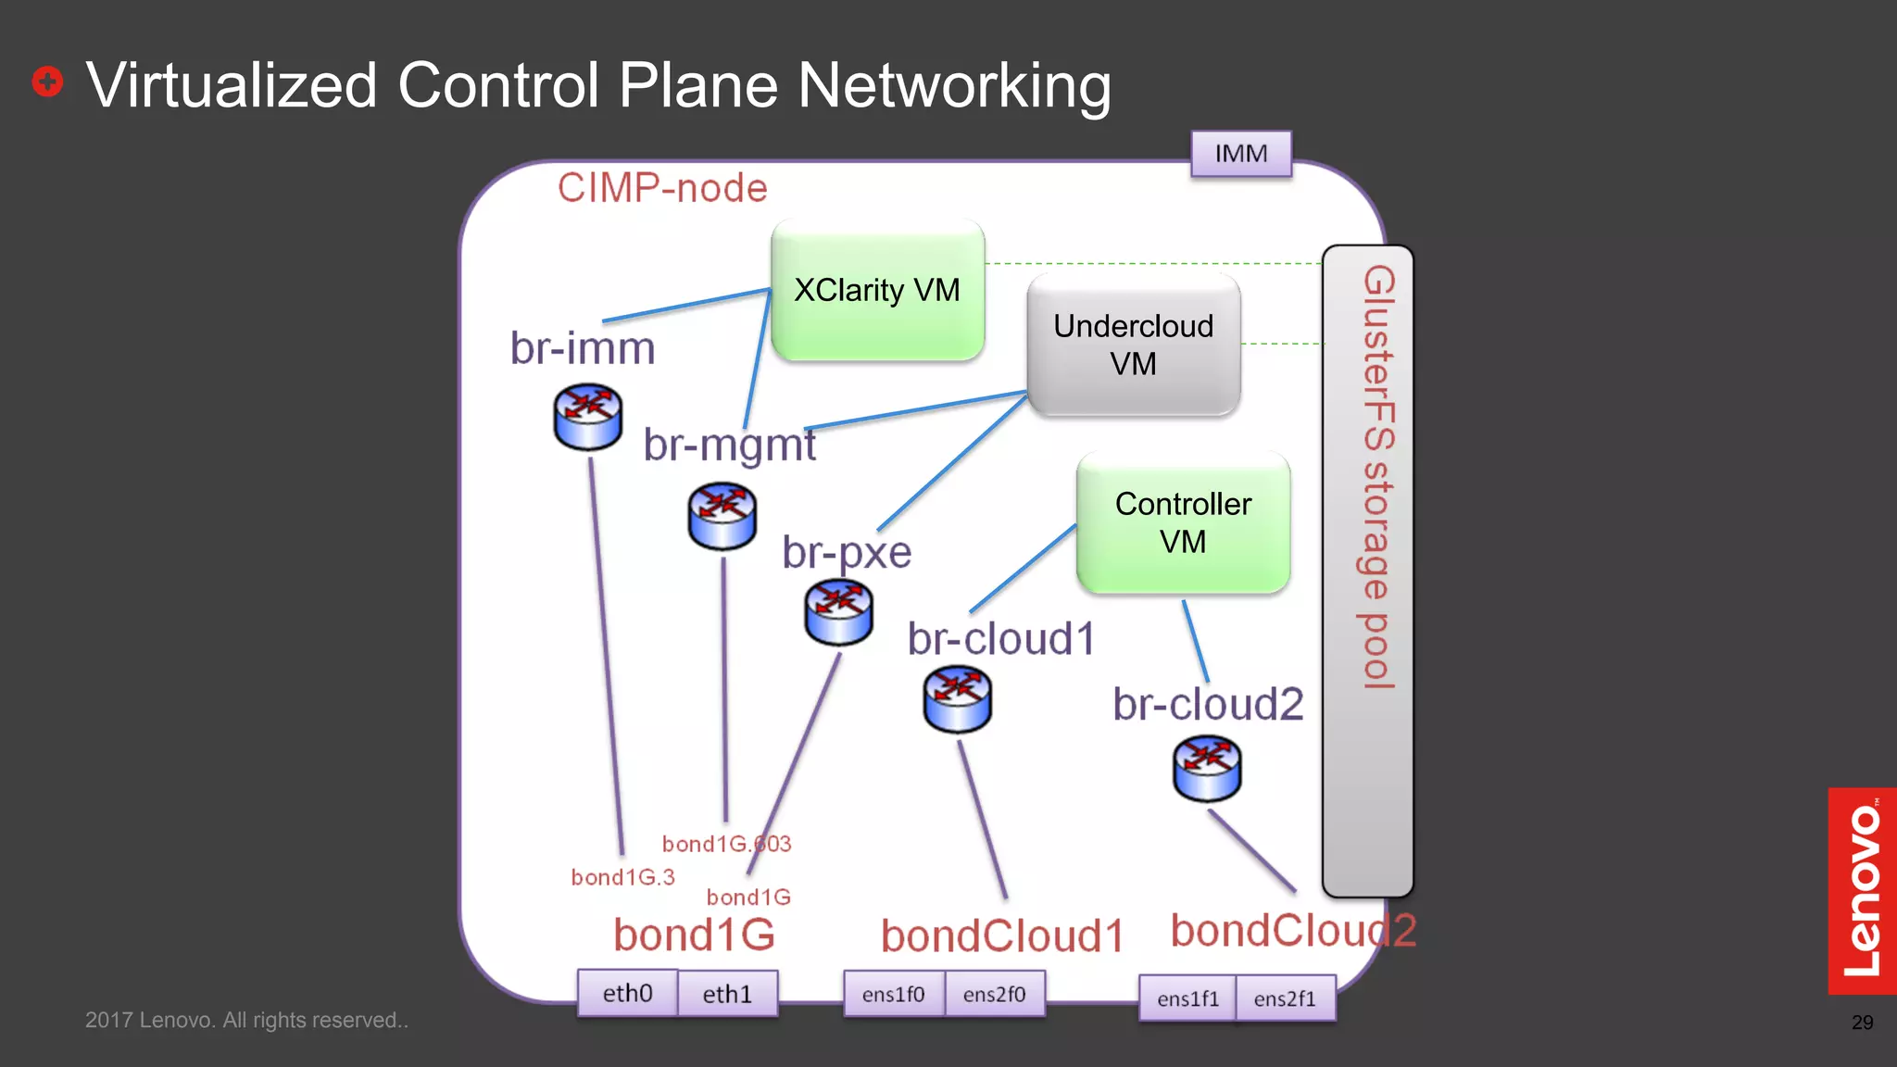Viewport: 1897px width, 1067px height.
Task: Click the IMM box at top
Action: click(x=1240, y=154)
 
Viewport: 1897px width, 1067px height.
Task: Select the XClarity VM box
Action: click(x=877, y=291)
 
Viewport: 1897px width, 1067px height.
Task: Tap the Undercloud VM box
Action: click(x=1133, y=345)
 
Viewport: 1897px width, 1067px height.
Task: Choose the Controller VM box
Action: click(x=1183, y=522)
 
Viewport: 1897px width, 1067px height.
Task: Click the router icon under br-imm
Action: click(x=587, y=419)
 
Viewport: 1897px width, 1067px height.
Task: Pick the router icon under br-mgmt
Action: click(x=722, y=516)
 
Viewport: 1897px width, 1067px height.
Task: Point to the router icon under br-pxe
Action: click(x=838, y=612)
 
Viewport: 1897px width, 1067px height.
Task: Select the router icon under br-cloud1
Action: click(x=957, y=699)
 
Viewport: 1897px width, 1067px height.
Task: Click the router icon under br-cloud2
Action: click(x=1207, y=769)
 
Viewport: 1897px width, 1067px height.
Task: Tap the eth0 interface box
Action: click(x=627, y=994)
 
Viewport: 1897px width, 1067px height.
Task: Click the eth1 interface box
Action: click(x=727, y=994)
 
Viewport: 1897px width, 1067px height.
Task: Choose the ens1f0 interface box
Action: click(x=893, y=995)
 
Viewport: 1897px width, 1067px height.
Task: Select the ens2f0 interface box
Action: click(x=994, y=995)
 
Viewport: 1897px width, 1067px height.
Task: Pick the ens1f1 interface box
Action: click(x=1187, y=998)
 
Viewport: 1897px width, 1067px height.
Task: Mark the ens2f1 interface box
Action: click(x=1285, y=998)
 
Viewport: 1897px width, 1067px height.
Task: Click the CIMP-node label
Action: click(x=662, y=189)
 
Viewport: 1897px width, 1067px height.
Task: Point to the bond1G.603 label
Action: click(x=726, y=844)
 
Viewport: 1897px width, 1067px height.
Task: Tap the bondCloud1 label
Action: click(x=1002, y=935)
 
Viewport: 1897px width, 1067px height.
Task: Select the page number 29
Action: click(x=1862, y=1023)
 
